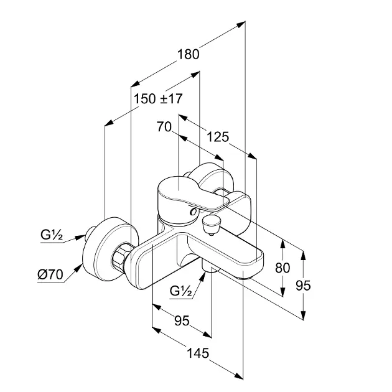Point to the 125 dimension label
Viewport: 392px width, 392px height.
tap(218, 137)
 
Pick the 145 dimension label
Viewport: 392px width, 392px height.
tap(197, 353)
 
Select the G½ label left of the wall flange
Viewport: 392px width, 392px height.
tap(52, 235)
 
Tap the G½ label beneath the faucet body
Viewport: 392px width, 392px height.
tap(181, 291)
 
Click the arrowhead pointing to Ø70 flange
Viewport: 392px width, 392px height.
tap(80, 268)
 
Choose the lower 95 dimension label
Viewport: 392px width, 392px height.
tap(181, 320)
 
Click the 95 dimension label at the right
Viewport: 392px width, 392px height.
tap(303, 285)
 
